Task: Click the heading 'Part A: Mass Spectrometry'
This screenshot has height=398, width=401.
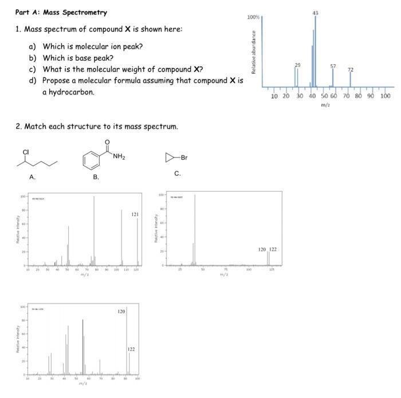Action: click(53, 12)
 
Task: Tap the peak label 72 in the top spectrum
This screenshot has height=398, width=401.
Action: click(351, 70)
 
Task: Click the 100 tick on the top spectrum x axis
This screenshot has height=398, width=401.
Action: click(385, 96)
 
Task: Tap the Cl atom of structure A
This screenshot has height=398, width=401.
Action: click(26, 151)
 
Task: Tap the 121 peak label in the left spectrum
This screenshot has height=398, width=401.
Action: click(135, 214)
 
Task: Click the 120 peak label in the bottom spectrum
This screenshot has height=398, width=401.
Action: click(121, 312)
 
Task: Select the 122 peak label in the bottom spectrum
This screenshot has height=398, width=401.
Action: click(131, 349)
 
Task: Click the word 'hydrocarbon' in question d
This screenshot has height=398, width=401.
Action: click(69, 92)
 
